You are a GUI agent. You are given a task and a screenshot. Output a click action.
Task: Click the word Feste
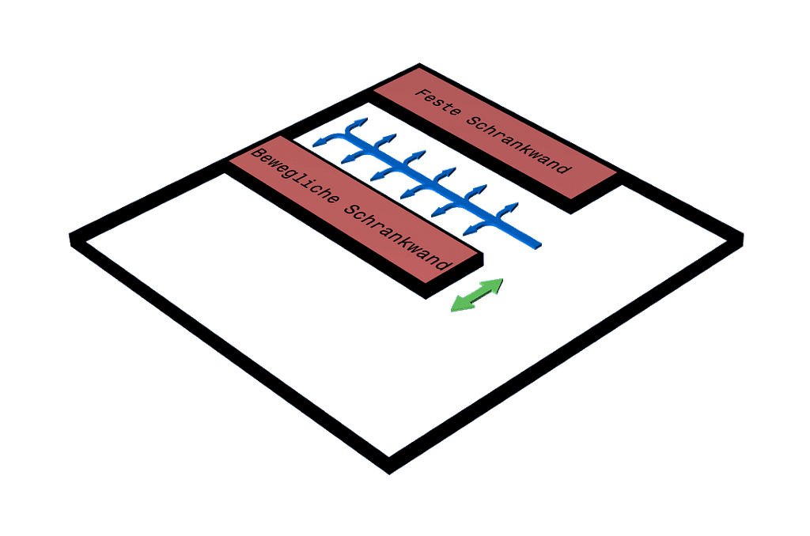(437, 105)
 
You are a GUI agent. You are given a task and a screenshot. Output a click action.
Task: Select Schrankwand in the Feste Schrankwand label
(518, 145)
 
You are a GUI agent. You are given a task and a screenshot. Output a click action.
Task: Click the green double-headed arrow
(476, 295)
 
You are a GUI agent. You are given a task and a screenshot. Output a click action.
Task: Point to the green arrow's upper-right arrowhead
(495, 284)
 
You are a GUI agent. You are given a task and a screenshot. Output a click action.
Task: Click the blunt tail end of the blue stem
(537, 243)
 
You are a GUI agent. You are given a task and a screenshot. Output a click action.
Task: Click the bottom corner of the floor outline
(388, 474)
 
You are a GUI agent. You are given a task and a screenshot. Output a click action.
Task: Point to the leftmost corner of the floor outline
(69, 236)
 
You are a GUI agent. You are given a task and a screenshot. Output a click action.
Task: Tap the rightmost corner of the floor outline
(744, 235)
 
